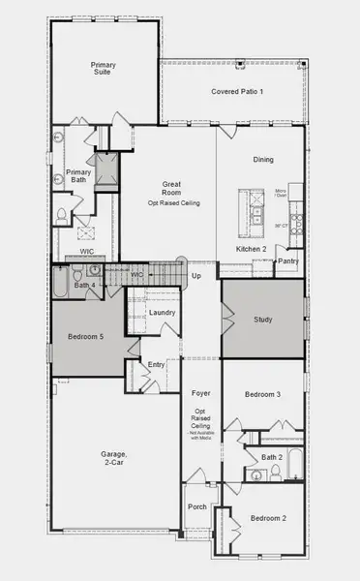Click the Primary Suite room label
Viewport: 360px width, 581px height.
tap(104, 70)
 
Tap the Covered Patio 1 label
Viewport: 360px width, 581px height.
tap(237, 92)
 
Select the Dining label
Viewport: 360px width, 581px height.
tap(263, 160)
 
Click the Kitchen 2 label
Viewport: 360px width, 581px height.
tap(252, 250)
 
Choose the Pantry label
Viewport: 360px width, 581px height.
tap(288, 261)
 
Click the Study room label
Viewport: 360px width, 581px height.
tap(263, 320)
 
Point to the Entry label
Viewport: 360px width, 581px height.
tap(157, 365)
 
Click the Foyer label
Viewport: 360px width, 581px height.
tap(201, 394)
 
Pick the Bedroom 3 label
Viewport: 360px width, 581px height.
tap(262, 394)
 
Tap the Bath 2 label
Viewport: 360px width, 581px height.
tap(271, 456)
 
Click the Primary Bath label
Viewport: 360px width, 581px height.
tap(78, 177)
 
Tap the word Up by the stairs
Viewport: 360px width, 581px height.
tap(196, 276)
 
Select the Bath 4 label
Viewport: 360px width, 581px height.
tap(84, 286)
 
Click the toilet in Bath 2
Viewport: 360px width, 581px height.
tap(275, 472)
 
